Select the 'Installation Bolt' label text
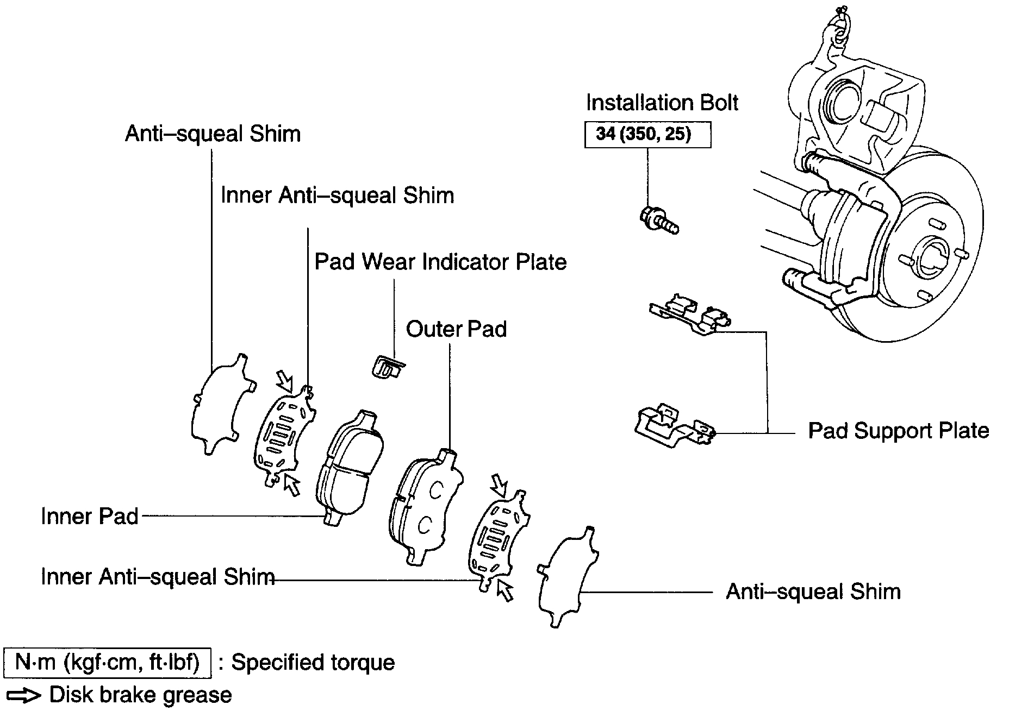662,103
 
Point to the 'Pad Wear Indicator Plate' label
440,262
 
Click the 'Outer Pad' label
456,329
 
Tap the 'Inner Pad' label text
90,516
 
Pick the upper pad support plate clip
689,315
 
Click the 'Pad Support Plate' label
898,431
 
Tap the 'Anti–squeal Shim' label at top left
213,134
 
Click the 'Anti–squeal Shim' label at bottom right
813,592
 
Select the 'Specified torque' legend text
313,663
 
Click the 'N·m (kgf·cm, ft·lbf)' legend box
107,663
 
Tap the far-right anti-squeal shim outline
565,578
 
